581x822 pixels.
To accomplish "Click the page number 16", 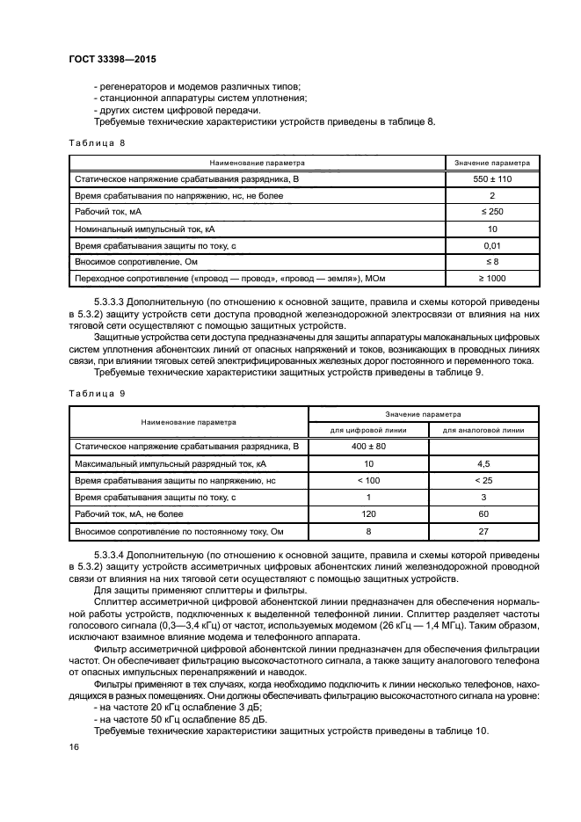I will pos(73,746).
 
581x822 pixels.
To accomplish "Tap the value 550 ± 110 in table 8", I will pos(492,179).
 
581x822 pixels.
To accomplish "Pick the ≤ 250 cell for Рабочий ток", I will pos(492,213).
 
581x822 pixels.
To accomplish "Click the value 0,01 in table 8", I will pos(492,246).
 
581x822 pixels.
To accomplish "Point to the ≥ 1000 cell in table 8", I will pos(492,279).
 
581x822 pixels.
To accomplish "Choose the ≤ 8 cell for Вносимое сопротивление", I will pos(492,262).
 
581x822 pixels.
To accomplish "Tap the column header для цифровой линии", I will pos(368,431).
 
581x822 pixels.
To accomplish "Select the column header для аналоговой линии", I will pos(483,431).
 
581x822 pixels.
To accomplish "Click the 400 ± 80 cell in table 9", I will pos(368,447).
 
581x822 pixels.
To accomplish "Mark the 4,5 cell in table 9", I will pos(483,463).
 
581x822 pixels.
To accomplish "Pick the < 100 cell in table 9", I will pos(368,480).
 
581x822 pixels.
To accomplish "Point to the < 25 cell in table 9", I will pos(483,480).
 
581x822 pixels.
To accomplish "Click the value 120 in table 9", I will pos(368,513).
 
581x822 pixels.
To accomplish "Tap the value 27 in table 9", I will pos(483,530).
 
